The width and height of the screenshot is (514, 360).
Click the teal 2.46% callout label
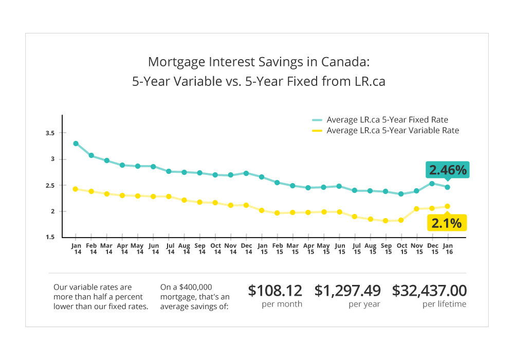click(x=448, y=170)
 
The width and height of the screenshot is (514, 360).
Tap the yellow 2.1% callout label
click(x=447, y=223)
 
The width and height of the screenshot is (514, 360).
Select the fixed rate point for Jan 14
click(x=76, y=143)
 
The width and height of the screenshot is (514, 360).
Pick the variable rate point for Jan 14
click(x=76, y=189)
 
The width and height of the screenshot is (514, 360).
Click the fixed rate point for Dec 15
click(x=432, y=184)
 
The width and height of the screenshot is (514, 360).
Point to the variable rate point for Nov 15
click(x=417, y=209)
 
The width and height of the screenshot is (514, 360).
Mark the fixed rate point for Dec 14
click(x=246, y=173)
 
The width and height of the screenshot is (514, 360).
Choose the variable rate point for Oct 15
click(x=401, y=220)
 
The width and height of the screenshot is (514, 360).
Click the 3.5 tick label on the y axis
click(x=50, y=133)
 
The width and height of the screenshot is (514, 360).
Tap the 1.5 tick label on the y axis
click(x=50, y=237)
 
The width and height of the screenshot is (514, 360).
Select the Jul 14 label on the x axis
click(x=171, y=249)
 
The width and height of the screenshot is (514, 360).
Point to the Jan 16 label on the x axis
click(x=448, y=249)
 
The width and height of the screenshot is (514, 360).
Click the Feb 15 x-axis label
click(x=278, y=249)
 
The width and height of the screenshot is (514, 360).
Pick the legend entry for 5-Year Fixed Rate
click(x=380, y=120)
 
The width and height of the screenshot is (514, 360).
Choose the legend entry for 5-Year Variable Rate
click(x=385, y=131)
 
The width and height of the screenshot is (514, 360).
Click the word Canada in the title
click(x=345, y=62)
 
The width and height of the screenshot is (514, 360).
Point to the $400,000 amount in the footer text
click(x=195, y=287)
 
